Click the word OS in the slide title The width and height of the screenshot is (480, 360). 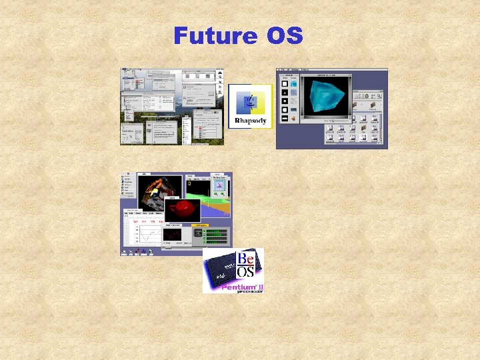285,35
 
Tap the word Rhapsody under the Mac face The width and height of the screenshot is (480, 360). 251,121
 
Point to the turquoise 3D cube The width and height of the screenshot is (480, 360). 323,97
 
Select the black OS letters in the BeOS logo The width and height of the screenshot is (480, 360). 247,271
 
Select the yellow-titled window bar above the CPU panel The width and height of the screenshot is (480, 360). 199,226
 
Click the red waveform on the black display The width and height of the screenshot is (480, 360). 172,234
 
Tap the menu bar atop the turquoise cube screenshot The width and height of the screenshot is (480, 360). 331,70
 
